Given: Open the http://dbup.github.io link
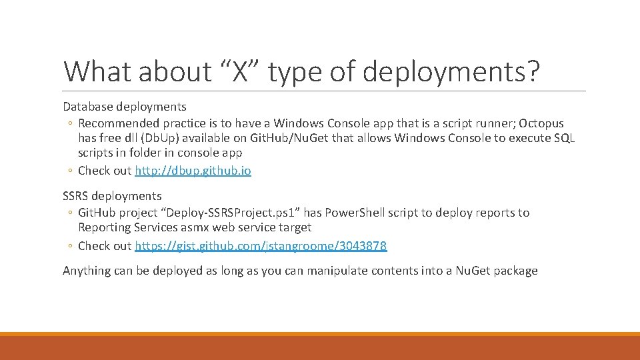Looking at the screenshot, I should pos(193,170).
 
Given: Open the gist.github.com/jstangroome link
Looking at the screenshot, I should pos(260,245).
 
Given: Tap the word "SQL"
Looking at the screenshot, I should pos(563,138).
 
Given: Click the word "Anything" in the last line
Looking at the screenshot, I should pos(87,271).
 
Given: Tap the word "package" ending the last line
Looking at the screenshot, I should pos(515,271).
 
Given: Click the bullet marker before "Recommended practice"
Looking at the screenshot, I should pos(70,124).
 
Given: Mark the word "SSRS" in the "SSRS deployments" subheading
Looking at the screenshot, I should pos(75,196).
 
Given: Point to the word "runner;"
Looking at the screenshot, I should pos(493,123).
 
